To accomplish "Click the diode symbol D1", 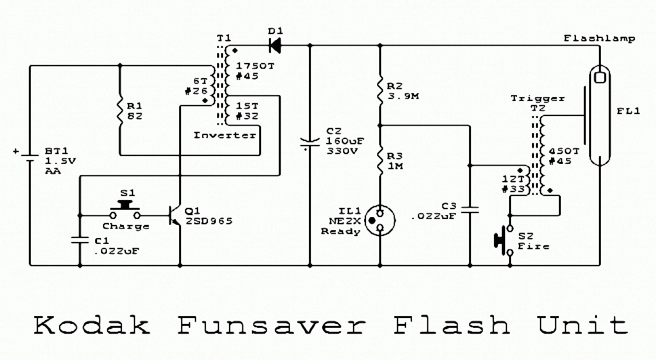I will (x=274, y=45).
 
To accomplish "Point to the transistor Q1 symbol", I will (x=174, y=216).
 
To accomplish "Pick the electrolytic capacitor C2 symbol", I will (x=310, y=142).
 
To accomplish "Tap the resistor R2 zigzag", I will (x=380, y=92).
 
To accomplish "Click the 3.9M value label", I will (x=403, y=96).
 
